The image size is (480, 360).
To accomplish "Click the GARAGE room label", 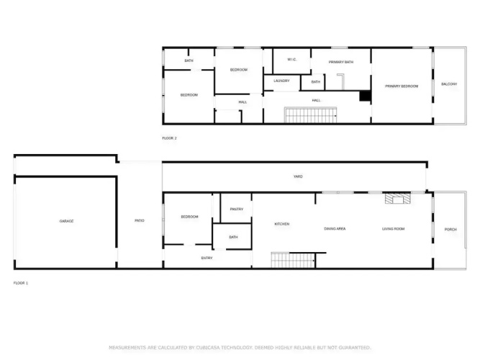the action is coord(66,221).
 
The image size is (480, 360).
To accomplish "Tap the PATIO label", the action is coord(140,220).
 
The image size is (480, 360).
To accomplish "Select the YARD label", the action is coord(298,176).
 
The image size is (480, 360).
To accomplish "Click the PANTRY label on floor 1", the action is coord(236,209).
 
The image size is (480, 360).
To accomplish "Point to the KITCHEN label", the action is coord(282,224).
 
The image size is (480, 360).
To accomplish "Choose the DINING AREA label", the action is coord(335,228).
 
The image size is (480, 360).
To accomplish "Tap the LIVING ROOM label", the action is coord(394,228).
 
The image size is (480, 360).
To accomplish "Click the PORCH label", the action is coord(450,229).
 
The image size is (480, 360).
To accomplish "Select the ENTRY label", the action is coord(207,258).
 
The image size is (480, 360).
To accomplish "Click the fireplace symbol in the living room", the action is coord(398,199).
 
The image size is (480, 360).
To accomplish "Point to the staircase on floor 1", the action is coord(294,260).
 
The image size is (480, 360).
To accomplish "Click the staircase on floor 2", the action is coord(311,115).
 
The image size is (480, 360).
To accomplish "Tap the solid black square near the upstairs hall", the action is coord(365,96).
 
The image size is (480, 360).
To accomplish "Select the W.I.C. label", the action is coord(291,60).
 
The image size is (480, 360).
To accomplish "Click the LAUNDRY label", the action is coord(281,81).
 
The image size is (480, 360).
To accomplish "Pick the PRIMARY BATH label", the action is coord(340,62).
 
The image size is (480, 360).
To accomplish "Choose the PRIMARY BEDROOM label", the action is coord(402,86).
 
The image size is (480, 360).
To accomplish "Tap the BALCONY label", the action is coord(449,84).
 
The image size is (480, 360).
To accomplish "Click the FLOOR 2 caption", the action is coord(169,138).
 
